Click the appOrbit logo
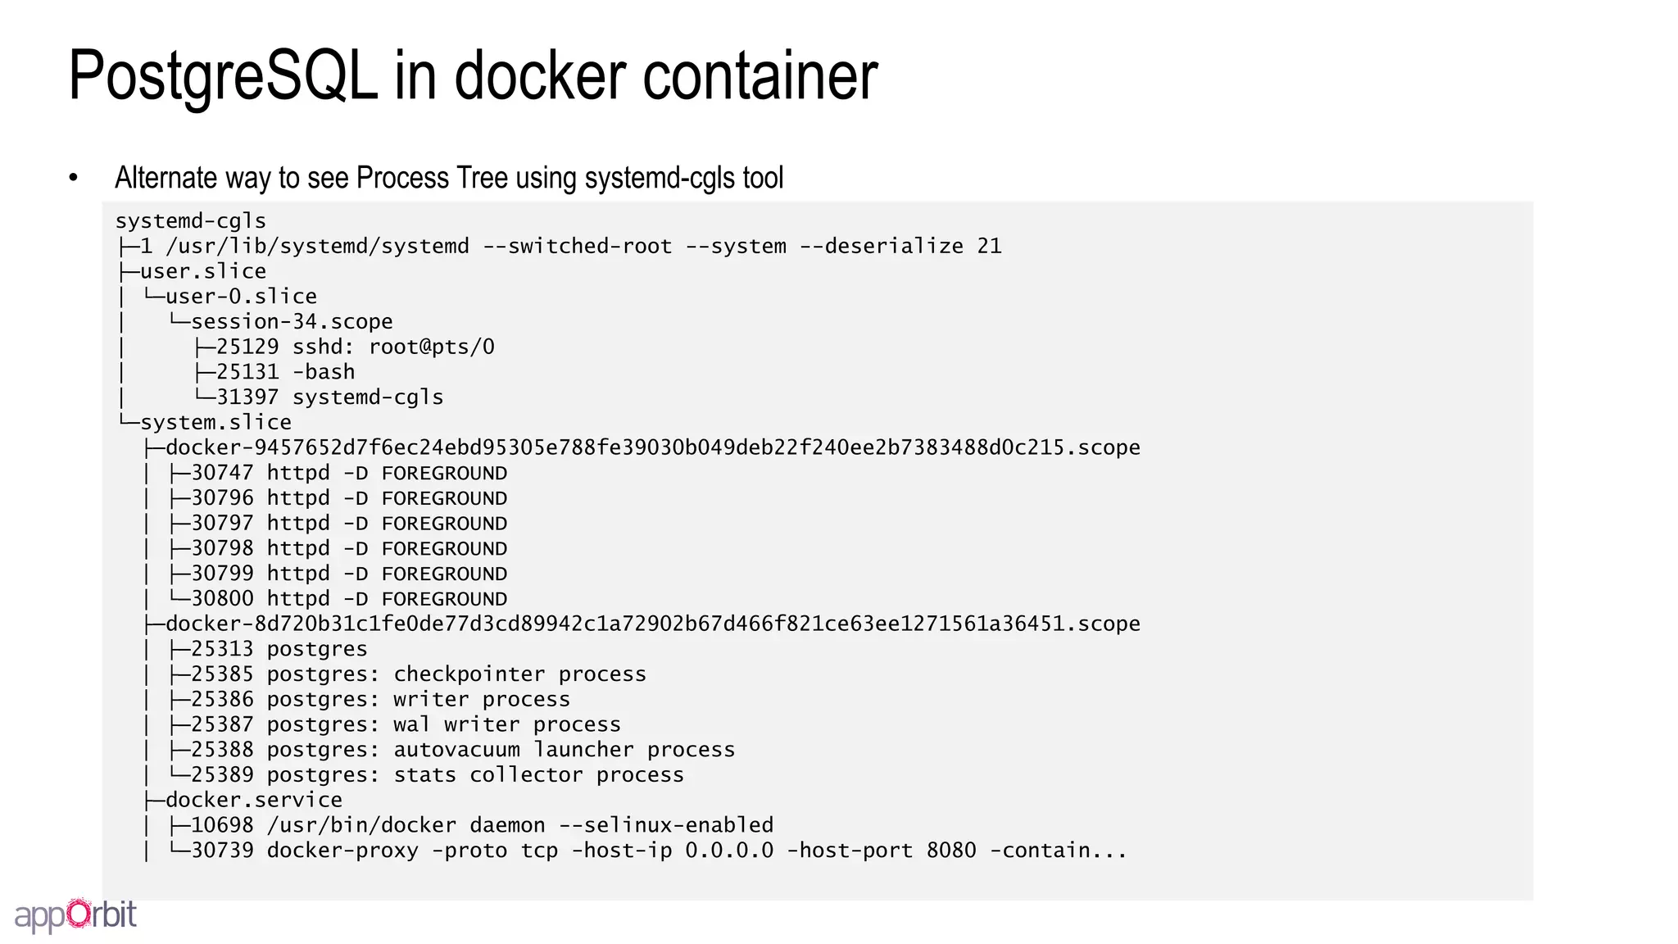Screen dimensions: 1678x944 click(75, 914)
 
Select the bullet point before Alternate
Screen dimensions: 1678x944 click(74, 178)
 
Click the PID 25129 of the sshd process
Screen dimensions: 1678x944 click(247, 347)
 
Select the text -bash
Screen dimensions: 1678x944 click(324, 372)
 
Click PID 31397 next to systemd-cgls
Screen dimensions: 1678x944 click(247, 397)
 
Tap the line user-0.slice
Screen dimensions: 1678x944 click(241, 297)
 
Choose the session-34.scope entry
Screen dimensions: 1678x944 click(292, 322)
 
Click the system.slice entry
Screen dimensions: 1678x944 click(215, 423)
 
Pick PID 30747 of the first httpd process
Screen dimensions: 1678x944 click(222, 473)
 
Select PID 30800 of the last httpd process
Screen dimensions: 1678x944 click(222, 599)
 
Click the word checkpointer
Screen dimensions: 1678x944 click(469, 674)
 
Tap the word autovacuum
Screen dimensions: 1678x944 click(456, 750)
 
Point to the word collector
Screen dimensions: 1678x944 click(525, 775)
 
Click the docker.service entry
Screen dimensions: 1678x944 click(254, 800)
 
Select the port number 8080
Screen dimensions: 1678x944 click(951, 851)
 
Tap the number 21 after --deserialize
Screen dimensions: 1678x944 click(989, 247)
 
